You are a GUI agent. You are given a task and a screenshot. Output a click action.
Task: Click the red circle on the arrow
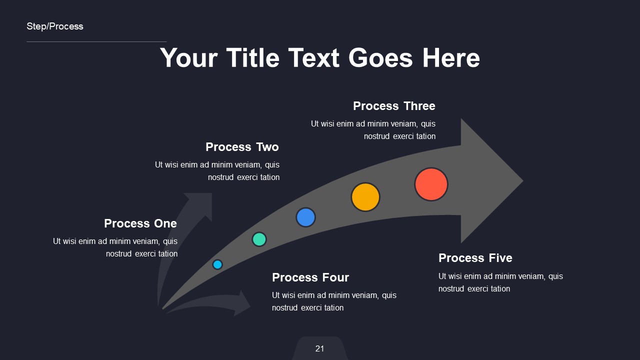[431, 184]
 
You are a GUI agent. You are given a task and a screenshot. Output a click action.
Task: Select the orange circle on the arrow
[365, 197]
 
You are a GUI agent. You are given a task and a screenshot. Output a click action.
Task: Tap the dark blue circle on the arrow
[305, 217]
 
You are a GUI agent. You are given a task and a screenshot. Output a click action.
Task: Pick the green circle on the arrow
[259, 239]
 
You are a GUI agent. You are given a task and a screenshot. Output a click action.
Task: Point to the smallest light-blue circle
[217, 264]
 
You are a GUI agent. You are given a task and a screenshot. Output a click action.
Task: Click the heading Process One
[140, 223]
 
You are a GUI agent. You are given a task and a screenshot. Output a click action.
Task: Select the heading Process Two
[242, 147]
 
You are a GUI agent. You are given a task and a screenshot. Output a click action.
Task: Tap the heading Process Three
[394, 106]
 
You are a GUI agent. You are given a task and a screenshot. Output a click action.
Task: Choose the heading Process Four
[310, 277]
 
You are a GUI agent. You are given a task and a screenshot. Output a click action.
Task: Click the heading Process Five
[475, 258]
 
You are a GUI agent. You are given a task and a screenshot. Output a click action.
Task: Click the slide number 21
[320, 348]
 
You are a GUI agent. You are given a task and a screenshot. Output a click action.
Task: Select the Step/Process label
[55, 26]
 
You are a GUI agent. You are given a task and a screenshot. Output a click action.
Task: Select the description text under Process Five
[500, 282]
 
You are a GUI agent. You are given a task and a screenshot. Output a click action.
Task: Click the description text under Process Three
[373, 130]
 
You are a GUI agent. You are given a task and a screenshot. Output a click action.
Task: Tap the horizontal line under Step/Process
[96, 41]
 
